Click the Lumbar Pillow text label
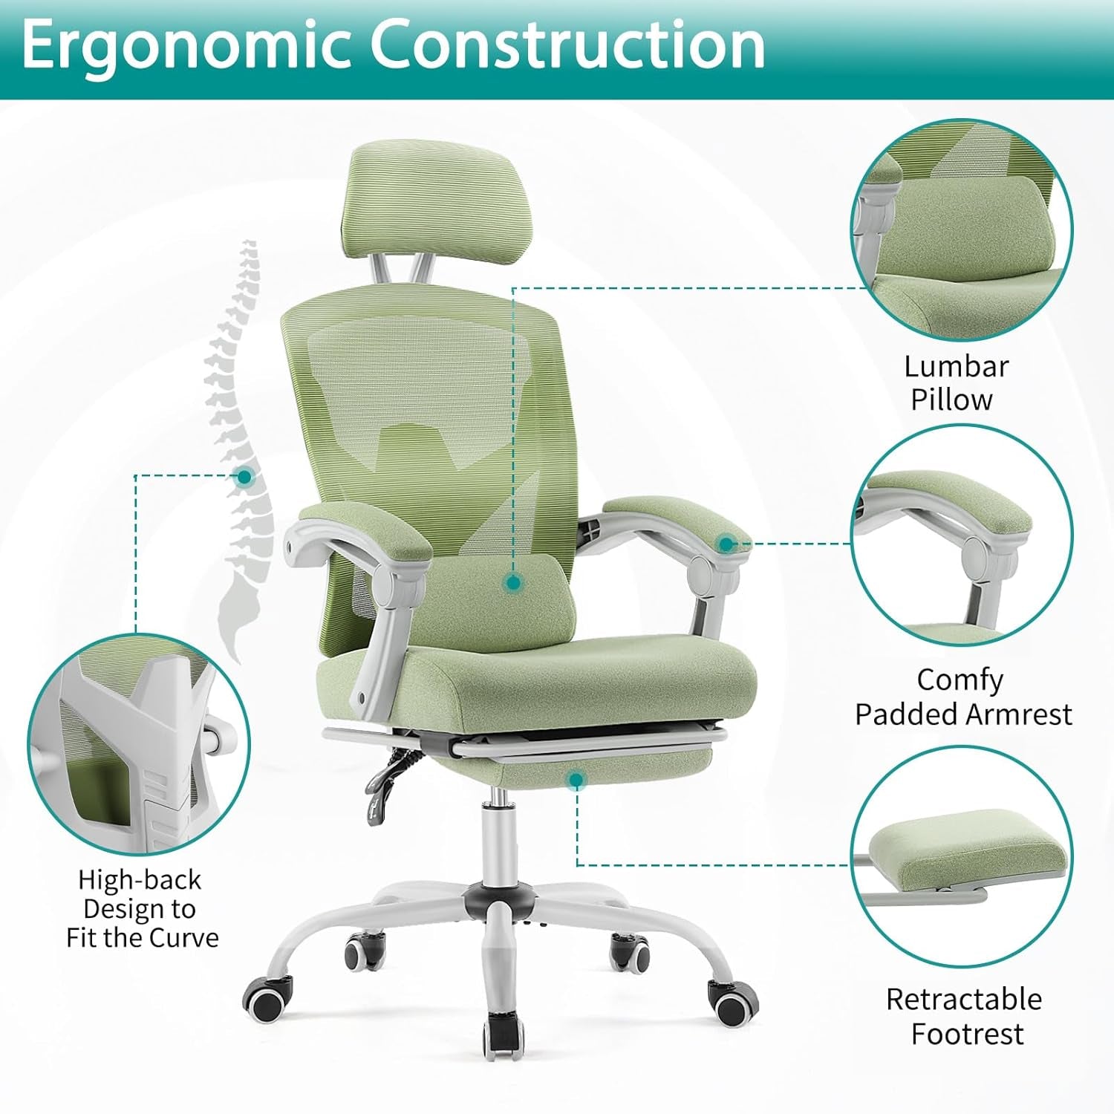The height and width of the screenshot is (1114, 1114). (955, 382)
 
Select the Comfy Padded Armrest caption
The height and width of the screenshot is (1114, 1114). (962, 697)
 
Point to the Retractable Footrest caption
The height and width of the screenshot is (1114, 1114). (965, 1016)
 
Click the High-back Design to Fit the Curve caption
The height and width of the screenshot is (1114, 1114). (141, 908)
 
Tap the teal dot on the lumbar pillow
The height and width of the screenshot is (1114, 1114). (512, 583)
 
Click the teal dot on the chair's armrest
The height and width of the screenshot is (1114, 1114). (726, 544)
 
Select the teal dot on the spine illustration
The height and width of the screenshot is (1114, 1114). (244, 477)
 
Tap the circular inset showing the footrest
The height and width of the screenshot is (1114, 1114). (961, 858)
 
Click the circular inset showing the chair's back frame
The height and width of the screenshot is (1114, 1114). (139, 745)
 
